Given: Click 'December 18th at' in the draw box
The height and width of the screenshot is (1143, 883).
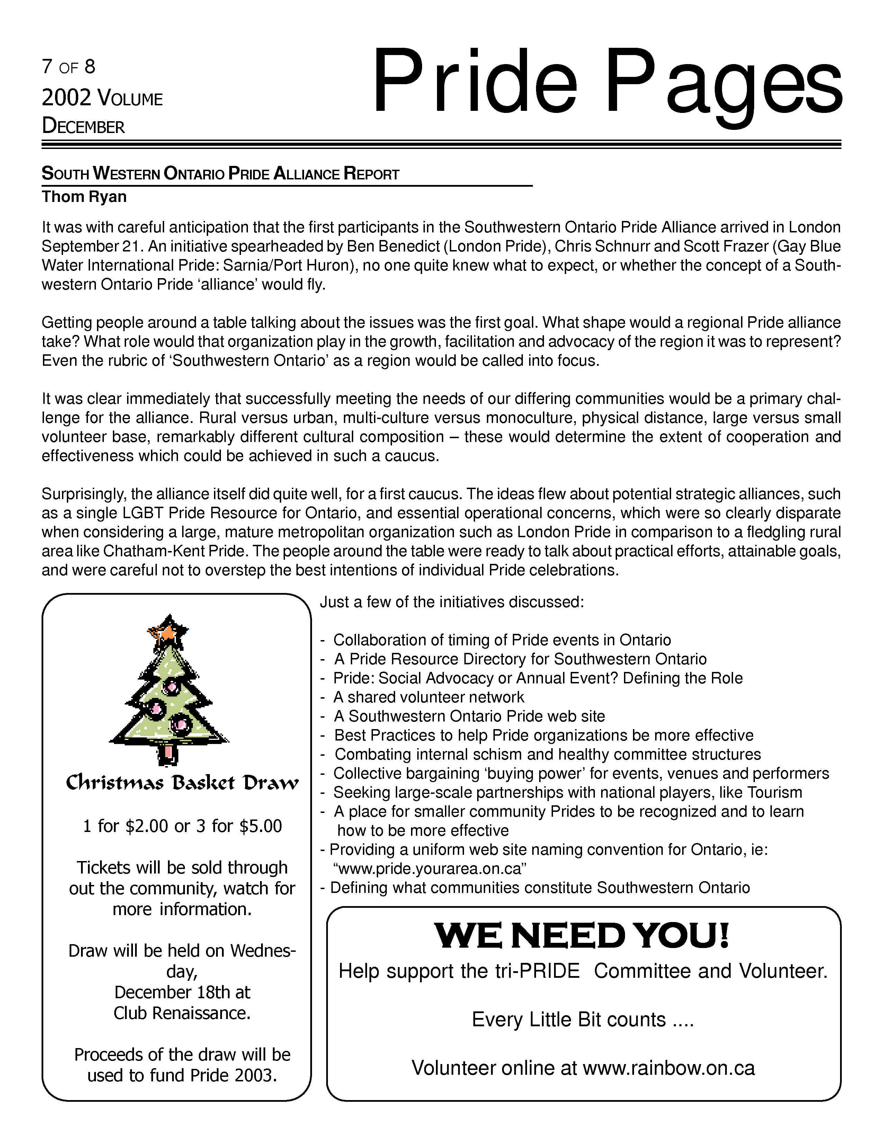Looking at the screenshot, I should click(x=182, y=992).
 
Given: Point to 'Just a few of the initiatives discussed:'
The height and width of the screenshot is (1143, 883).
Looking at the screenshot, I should click(x=452, y=602).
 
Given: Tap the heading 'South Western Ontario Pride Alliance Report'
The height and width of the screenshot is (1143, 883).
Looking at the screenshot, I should click(x=220, y=174).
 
